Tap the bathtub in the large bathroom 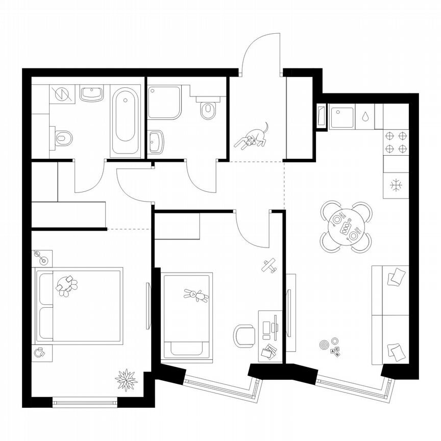click(125, 121)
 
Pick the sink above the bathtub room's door click(92, 94)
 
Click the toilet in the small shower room click(207, 109)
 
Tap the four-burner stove click(396, 142)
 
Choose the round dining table click(346, 227)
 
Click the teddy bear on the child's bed click(195, 295)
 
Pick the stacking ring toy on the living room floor click(325, 345)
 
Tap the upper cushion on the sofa click(396, 278)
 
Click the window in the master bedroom click(85, 402)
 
